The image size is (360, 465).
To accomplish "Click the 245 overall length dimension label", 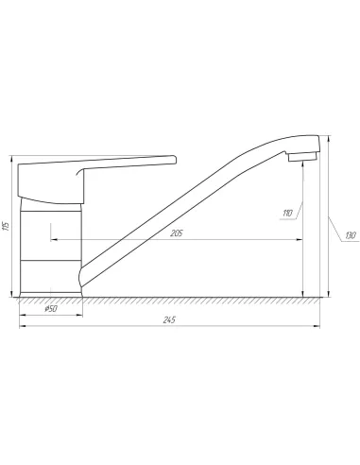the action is [x=169, y=319].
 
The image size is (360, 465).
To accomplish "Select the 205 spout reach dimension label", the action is [x=177, y=233].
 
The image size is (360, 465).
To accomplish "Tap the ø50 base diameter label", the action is [x=51, y=309].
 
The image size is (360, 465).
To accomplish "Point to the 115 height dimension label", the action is [x=6, y=226].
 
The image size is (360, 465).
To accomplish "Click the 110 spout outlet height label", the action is [x=288, y=213].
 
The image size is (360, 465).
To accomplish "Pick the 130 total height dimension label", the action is [x=351, y=235].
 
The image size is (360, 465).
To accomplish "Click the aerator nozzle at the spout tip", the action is [x=302, y=157].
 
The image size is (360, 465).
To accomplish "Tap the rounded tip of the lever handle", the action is [x=174, y=160].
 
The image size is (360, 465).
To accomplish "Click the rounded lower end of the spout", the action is [x=80, y=277].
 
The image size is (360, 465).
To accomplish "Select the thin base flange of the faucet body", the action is [x=51, y=295].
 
